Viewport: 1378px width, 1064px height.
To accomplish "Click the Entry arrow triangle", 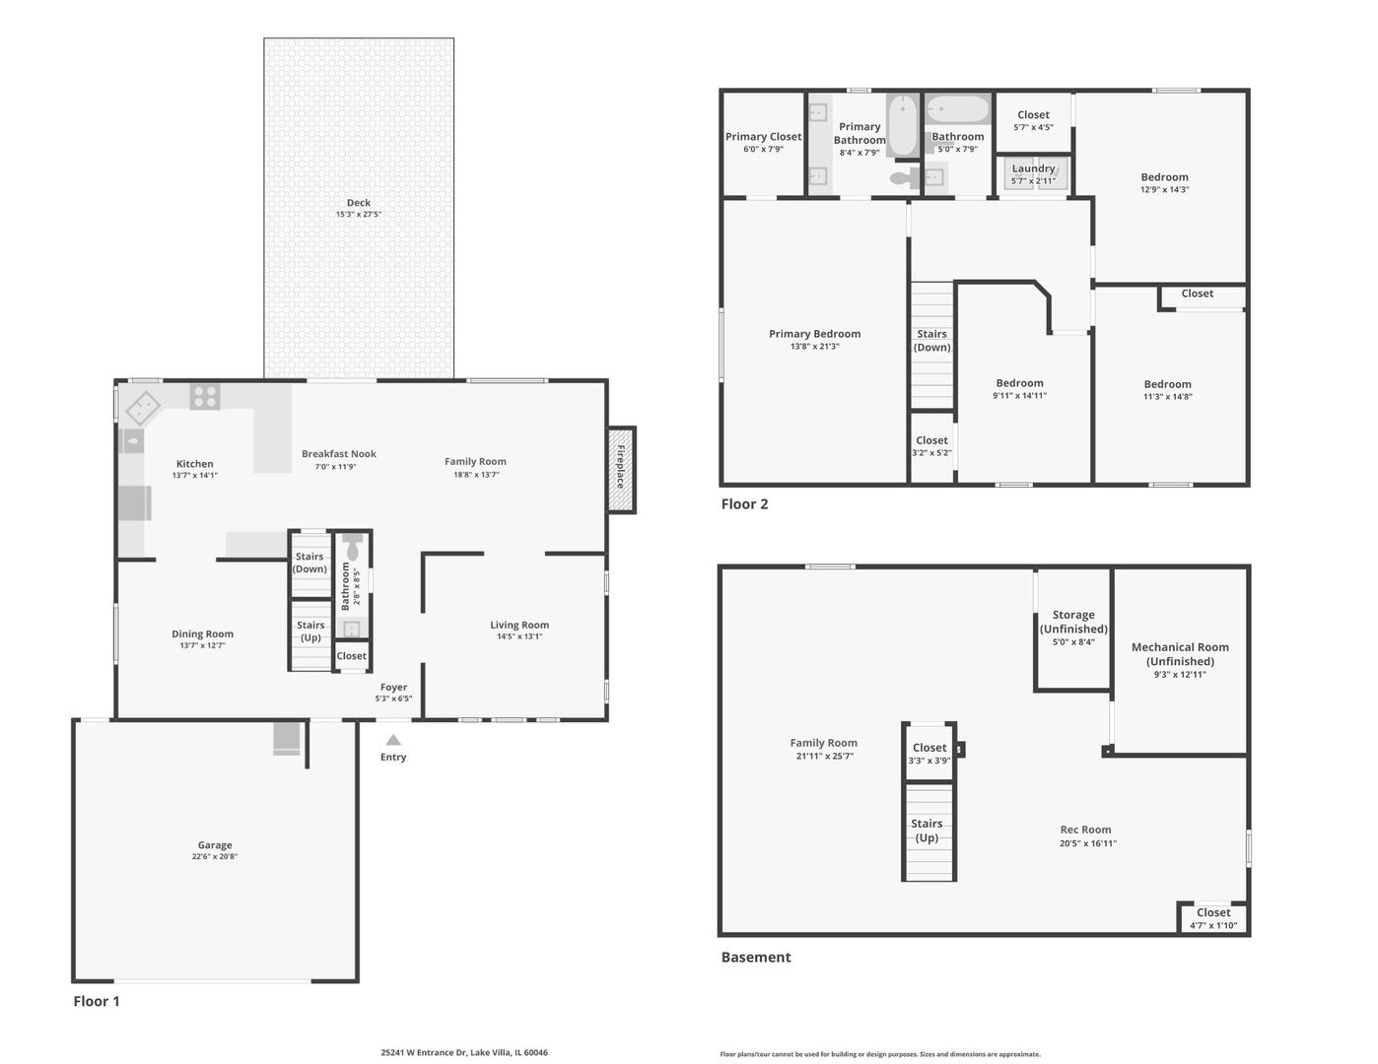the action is click(393, 740).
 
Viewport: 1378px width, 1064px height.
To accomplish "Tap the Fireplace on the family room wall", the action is click(621, 469).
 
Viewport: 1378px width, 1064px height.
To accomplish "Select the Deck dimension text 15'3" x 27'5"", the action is click(358, 214).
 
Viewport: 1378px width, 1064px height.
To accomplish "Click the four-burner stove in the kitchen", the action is click(205, 397).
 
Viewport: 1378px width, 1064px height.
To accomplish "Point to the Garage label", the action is click(214, 844).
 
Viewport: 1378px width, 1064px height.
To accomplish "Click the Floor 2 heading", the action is click(744, 503).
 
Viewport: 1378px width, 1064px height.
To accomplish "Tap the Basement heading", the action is click(756, 957).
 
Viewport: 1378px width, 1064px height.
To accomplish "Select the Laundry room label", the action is click(1033, 167).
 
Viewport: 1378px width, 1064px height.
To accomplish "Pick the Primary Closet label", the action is click(763, 136).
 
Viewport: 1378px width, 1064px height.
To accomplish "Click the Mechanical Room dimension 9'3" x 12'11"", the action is click(1180, 674).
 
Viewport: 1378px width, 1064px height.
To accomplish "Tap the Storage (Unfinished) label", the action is click(1073, 622).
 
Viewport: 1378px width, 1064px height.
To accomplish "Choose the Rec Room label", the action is click(1085, 829).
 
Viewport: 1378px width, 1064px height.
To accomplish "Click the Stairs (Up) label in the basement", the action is click(927, 831).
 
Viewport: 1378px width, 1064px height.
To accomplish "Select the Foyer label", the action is click(393, 687).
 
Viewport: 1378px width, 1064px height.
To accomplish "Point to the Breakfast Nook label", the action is click(339, 454).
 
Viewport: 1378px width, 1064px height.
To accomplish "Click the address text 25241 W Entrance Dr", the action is click(424, 1052).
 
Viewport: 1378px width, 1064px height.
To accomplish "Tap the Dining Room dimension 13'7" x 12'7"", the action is click(202, 645).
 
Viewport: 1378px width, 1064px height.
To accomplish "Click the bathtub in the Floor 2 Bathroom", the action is click(957, 109).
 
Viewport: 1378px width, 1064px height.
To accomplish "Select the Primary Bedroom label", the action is click(814, 333).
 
